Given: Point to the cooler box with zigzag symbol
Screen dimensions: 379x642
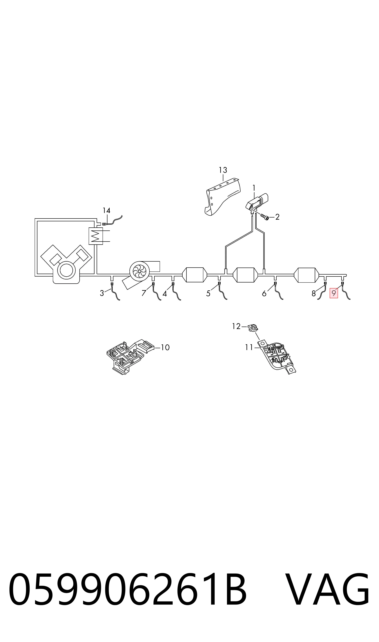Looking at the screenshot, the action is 96,236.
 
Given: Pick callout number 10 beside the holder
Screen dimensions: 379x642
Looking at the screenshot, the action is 165,347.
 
